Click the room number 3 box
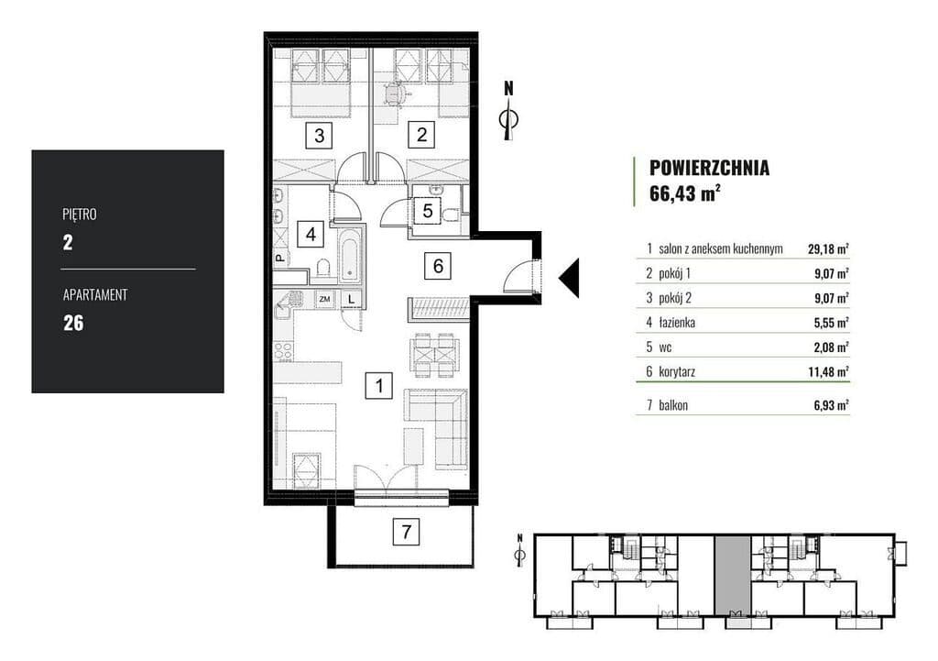(319, 136)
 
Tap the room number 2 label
(421, 134)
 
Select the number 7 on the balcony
(406, 531)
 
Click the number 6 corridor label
(438, 265)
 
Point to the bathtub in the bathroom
(348, 255)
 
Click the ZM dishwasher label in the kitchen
(325, 298)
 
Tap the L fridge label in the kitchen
(352, 298)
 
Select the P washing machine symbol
(279, 258)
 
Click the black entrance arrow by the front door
(569, 278)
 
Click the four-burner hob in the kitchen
(283, 351)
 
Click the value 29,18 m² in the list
(828, 249)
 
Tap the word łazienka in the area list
(677, 323)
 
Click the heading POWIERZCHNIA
(710, 168)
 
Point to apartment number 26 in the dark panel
(73, 324)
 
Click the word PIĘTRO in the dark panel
(80, 215)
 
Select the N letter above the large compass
(508, 89)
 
